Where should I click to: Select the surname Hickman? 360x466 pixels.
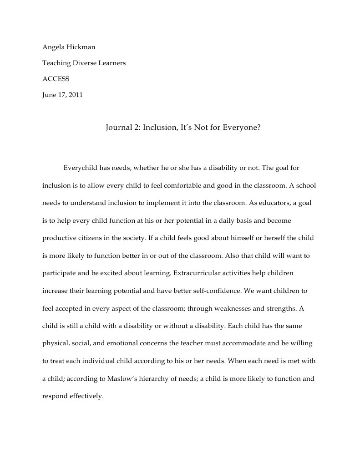80,47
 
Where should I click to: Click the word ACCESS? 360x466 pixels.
56,79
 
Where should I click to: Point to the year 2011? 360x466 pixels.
76,95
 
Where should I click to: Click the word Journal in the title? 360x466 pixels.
119,128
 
